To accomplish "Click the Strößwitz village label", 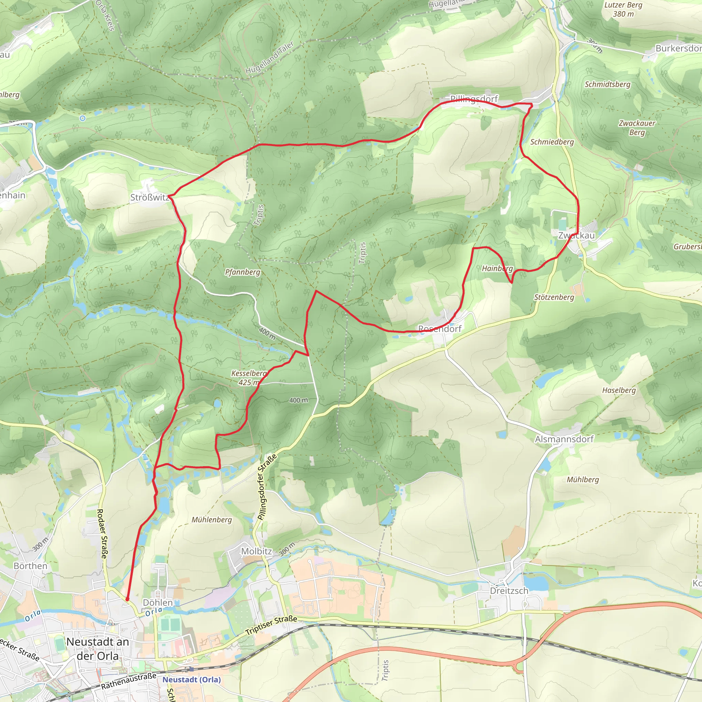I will pos(150,198).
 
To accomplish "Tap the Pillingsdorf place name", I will pos(474,99).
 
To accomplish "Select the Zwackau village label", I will pos(576,235).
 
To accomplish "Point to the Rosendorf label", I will pos(440,329).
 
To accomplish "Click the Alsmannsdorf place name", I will pos(564,439).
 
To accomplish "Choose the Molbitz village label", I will pos(256,552).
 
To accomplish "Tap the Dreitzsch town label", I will pos(509,591).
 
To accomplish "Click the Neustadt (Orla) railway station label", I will pos(192,679).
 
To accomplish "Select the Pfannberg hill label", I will pos(242,272).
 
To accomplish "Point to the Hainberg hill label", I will pos(497,268).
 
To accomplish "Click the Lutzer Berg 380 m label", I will pos(623,10).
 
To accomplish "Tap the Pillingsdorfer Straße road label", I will pos(267,487).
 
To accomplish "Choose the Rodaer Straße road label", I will pos(102,534).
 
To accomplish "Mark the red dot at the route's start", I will pos(127,599).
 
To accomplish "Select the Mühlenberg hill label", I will pos(211,520).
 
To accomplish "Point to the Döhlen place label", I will pos(158,603).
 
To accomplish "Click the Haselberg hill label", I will pos(619,391).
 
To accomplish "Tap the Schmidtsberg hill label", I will pos(607,84).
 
